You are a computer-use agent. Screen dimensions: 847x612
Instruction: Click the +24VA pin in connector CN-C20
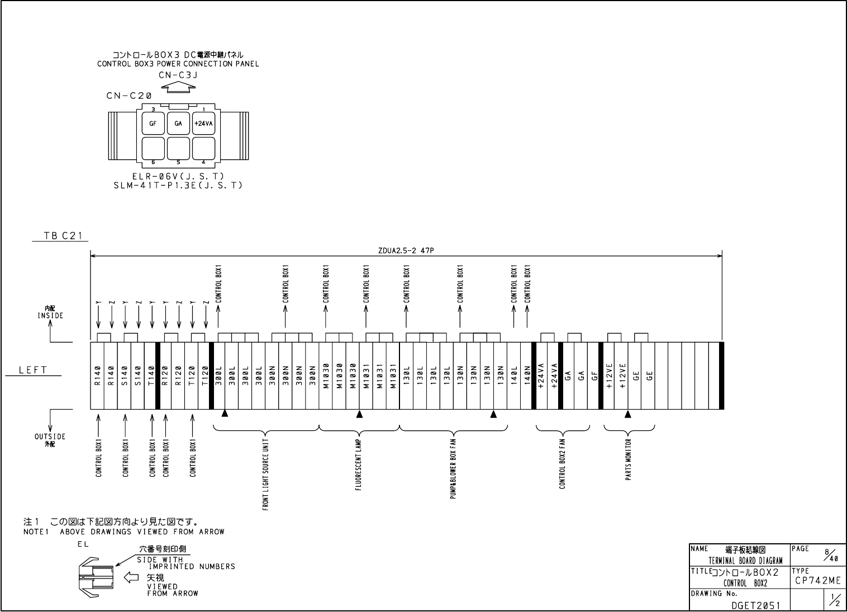[203, 124]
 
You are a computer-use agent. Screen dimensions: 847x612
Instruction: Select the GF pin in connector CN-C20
[153, 124]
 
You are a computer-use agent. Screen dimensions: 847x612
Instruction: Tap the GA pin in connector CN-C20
[178, 124]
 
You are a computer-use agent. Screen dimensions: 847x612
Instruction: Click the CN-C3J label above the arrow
[178, 75]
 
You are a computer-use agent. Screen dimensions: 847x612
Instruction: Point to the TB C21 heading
[63, 236]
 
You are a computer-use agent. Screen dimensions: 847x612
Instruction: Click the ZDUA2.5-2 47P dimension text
[406, 251]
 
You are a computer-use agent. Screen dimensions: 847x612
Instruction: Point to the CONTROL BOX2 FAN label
[563, 463]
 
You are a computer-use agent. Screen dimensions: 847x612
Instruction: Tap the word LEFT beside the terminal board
[33, 370]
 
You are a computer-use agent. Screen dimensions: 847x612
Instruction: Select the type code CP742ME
[816, 581]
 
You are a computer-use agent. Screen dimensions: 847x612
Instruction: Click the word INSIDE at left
[50, 316]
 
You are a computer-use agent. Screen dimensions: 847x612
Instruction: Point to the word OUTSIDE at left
[50, 437]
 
